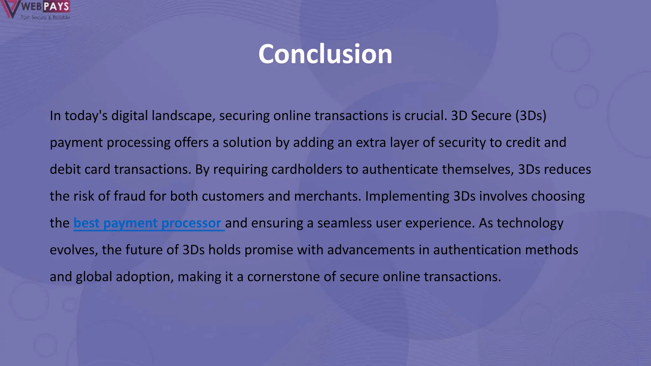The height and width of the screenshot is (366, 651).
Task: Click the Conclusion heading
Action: tap(325, 54)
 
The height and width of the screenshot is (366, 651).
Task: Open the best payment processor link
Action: tap(147, 223)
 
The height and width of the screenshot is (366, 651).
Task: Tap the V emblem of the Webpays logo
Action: tap(10, 9)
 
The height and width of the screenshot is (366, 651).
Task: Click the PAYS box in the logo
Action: tap(56, 6)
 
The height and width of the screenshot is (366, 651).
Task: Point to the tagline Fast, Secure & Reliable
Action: tap(45, 17)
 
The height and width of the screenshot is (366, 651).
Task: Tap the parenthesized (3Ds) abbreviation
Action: tap(531, 116)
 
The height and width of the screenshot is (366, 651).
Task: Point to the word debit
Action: tap(64, 169)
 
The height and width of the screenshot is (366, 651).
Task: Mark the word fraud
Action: tap(130, 196)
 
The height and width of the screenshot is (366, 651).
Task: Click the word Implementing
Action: tap(407, 196)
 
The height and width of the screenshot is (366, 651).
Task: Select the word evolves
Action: tap(74, 250)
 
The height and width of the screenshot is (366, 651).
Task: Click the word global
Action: tap(94, 277)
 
